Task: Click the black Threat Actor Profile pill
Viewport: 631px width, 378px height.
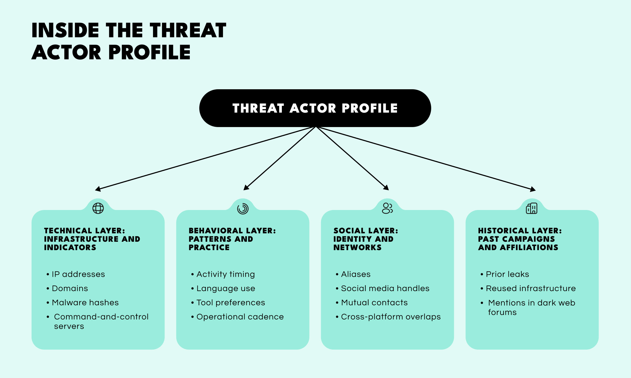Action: click(x=315, y=108)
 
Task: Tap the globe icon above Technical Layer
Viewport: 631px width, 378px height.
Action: click(x=98, y=208)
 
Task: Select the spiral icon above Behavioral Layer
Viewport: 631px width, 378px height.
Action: click(x=243, y=209)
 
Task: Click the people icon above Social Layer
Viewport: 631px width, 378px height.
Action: click(x=387, y=208)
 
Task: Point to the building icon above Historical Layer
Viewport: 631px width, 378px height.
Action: click(x=532, y=208)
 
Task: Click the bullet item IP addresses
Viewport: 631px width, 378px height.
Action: click(x=78, y=274)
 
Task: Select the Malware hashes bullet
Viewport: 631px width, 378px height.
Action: click(x=85, y=303)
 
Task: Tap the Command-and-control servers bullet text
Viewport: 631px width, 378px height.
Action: click(x=101, y=321)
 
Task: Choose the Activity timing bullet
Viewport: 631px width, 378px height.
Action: click(x=226, y=274)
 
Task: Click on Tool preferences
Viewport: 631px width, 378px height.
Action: click(x=231, y=303)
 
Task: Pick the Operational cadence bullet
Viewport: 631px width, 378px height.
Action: click(x=240, y=317)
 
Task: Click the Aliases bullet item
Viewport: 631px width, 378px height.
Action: click(x=356, y=274)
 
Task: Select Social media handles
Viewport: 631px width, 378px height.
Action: click(x=385, y=288)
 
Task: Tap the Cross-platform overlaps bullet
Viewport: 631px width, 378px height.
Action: click(x=391, y=317)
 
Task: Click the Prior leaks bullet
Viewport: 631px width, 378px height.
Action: click(x=507, y=274)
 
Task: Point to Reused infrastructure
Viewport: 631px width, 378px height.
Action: click(x=531, y=288)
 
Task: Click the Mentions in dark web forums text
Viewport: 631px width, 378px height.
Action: click(x=531, y=307)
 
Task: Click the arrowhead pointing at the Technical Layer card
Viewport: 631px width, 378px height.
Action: click(x=98, y=189)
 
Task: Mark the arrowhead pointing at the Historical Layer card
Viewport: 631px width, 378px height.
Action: click(x=533, y=189)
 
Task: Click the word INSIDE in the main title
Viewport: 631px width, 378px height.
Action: click(x=65, y=30)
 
